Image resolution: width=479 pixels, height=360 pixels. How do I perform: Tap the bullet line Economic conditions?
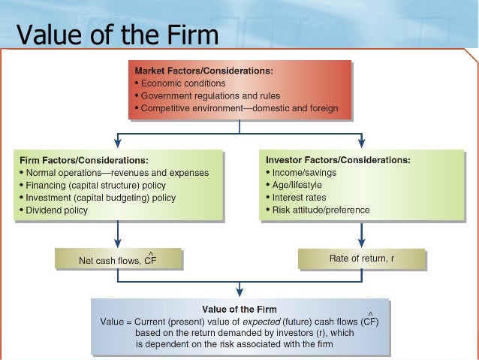pyautogui.click(x=182, y=83)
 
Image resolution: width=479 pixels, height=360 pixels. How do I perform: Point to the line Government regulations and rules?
pyautogui.click(x=209, y=96)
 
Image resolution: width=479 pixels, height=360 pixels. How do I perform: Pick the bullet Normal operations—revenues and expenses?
pyautogui.click(x=115, y=173)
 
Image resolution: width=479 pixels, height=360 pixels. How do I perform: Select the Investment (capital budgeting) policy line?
pyautogui.click(x=98, y=198)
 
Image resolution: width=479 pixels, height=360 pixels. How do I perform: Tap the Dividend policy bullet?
pyautogui.click(x=55, y=210)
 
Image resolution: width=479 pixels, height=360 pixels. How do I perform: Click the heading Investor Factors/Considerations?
pyautogui.click(x=338, y=160)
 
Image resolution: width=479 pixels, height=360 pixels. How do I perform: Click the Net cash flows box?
pyautogui.click(x=117, y=260)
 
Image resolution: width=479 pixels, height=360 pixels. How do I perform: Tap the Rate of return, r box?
pyautogui.click(x=361, y=259)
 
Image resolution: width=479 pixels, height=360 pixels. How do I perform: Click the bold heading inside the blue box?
pyautogui.click(x=239, y=309)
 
